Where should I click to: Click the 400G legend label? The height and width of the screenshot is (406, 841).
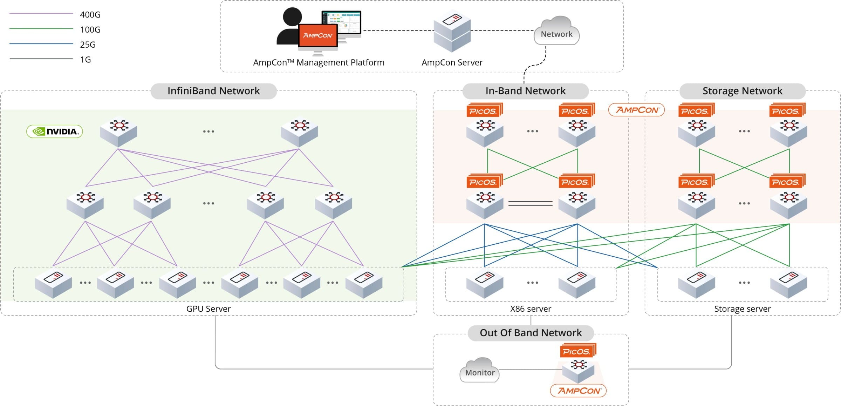tap(90, 15)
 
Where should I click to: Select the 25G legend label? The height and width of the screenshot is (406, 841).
tap(88, 45)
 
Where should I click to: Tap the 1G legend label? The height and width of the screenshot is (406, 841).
tap(85, 60)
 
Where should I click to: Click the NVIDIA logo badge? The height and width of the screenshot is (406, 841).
tap(55, 131)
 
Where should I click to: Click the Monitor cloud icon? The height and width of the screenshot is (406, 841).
tap(479, 371)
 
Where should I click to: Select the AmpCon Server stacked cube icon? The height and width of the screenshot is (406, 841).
tap(452, 32)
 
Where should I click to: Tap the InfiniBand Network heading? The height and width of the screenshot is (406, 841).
tap(213, 91)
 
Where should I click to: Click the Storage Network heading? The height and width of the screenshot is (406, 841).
tap(742, 91)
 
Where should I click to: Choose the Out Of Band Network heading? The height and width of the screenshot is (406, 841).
tap(531, 333)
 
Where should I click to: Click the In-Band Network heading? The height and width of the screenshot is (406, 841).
tap(525, 91)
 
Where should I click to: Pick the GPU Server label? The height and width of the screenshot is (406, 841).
tap(208, 309)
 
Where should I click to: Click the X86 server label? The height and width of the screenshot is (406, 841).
tap(531, 309)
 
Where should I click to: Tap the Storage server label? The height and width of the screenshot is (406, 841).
tap(742, 309)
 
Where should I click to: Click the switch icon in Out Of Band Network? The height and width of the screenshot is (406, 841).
tap(578, 370)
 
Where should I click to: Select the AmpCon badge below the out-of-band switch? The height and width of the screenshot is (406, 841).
tap(578, 391)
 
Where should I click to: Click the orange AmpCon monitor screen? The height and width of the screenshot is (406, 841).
tap(317, 35)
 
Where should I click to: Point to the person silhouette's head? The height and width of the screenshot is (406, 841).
tap(292, 16)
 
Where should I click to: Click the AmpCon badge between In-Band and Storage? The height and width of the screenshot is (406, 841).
tap(636, 110)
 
